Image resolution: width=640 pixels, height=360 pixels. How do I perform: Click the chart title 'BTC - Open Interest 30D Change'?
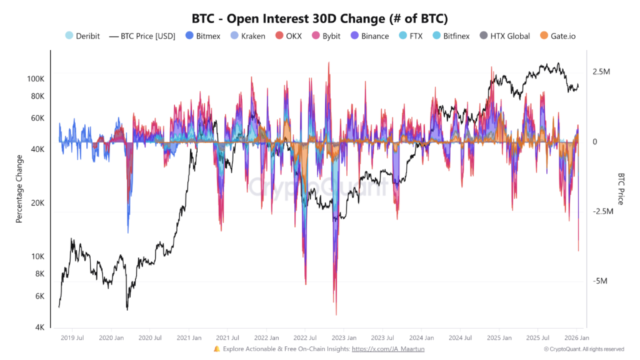pyautogui.click(x=320, y=18)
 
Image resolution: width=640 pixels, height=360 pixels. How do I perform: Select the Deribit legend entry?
pyautogui.click(x=82, y=36)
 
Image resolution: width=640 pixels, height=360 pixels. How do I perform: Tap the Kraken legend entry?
pyautogui.click(x=248, y=36)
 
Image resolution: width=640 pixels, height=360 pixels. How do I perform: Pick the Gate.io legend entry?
pyautogui.click(x=557, y=36)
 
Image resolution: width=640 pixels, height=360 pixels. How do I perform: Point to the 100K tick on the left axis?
pyautogui.click(x=35, y=79)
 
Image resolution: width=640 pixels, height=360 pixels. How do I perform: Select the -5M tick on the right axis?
pyautogui.click(x=601, y=281)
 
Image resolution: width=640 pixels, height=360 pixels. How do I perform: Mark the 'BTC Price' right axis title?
pyautogui.click(x=621, y=189)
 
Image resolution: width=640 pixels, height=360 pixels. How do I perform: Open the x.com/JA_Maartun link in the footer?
pyautogui.click(x=388, y=349)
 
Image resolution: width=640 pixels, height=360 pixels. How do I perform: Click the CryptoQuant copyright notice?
pyautogui.click(x=584, y=349)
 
